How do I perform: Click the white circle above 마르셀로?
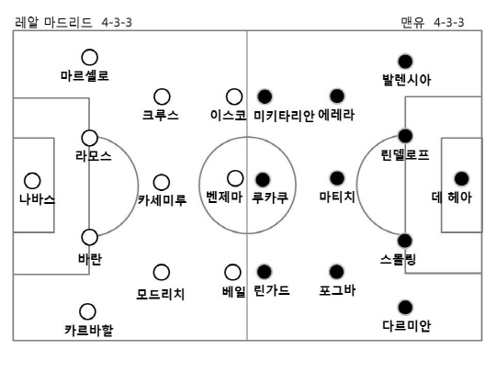(89, 57)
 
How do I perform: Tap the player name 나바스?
(37, 199)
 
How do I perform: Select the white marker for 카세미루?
(162, 183)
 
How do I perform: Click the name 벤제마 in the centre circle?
(224, 197)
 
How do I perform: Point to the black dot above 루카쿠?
(263, 180)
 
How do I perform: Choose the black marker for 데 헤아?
(461, 179)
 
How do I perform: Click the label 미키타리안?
(284, 116)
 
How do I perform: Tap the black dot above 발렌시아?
(405, 62)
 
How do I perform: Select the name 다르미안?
(407, 325)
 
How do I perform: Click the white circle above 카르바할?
(87, 311)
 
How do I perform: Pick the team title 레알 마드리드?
(53, 22)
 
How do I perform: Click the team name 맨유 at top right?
(412, 22)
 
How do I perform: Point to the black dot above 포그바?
(336, 272)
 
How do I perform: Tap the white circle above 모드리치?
(162, 273)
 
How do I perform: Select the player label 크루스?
(161, 115)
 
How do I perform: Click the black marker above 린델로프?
(405, 136)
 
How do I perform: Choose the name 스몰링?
(398, 260)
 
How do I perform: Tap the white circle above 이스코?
(234, 96)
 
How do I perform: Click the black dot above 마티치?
(337, 178)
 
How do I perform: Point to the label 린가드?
(272, 290)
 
